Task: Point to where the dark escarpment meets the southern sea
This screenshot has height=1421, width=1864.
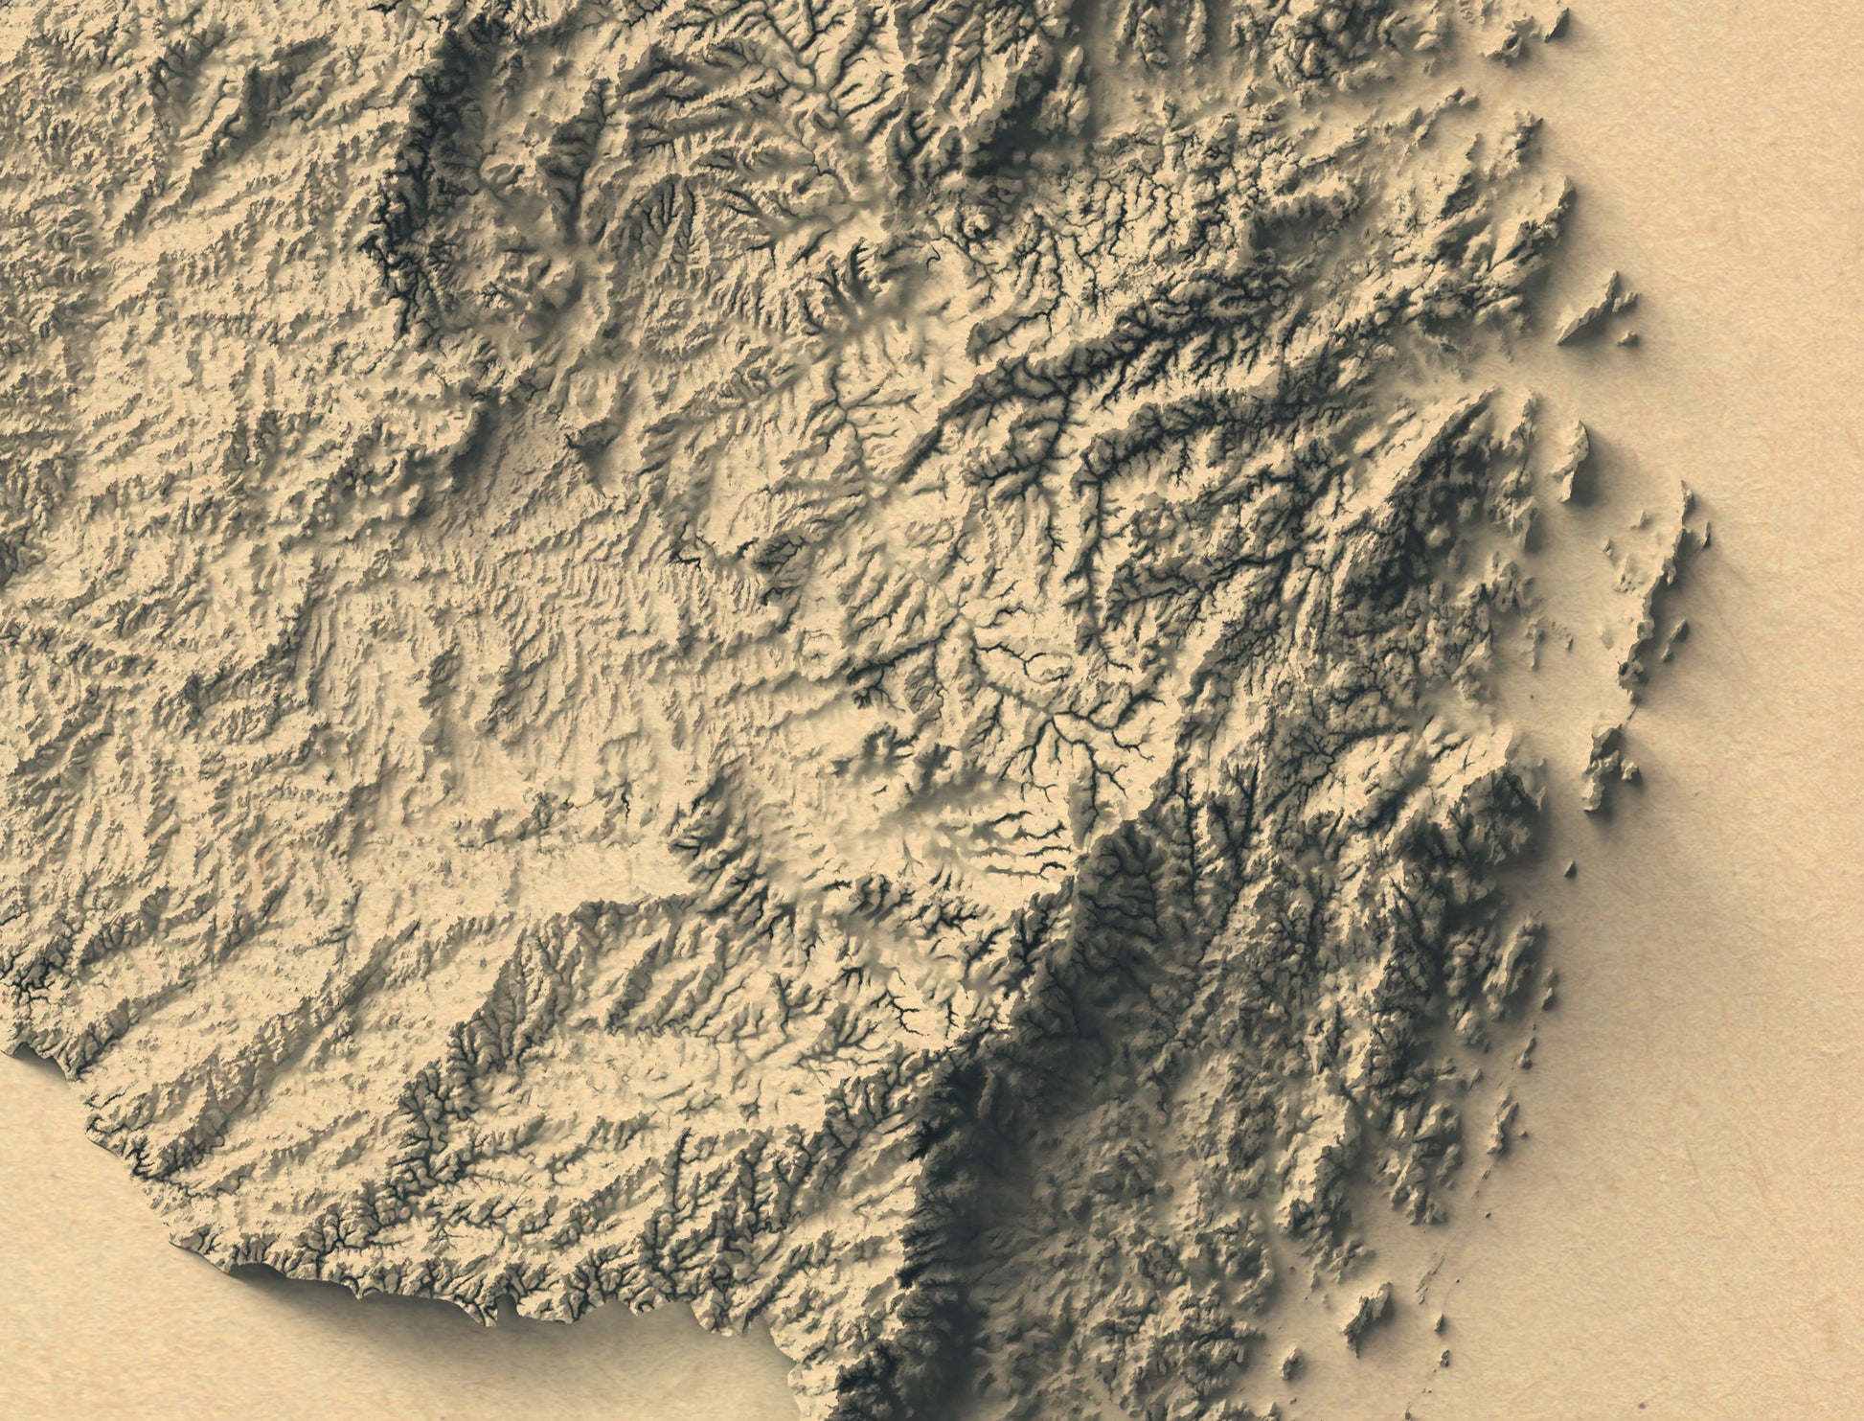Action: pyautogui.click(x=852, y=1399)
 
